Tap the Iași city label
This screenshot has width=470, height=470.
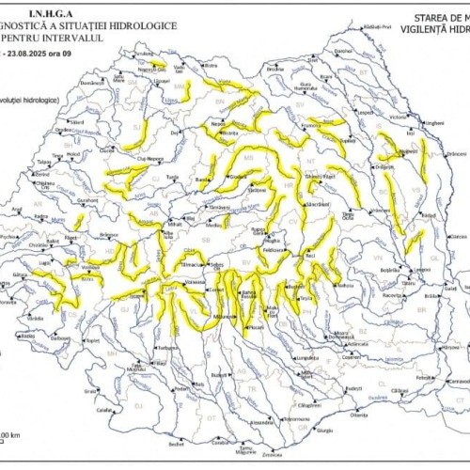coord(410,133)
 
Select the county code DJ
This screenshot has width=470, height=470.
coord(136,404)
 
